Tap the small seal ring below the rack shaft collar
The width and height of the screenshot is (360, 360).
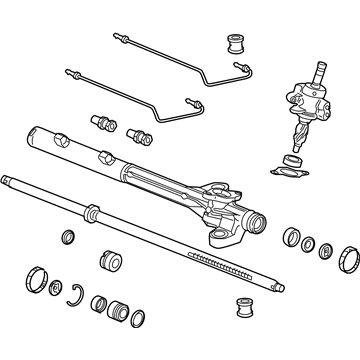[70, 238]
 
